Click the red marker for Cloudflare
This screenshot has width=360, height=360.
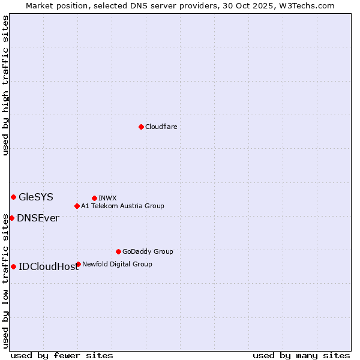141,127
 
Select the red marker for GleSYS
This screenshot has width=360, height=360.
13,197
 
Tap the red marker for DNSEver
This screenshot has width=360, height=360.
11,218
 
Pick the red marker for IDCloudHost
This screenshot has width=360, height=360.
13,266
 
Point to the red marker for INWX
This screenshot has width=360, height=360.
94,198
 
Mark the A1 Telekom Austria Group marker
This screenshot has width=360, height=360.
77,206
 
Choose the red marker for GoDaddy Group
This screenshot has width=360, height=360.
118,251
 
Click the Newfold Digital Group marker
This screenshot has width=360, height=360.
78,264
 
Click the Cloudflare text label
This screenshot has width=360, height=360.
161,127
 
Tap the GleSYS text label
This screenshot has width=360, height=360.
36,197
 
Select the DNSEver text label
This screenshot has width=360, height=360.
38,218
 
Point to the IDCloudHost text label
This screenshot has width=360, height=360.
49,266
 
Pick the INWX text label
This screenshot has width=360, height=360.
107,198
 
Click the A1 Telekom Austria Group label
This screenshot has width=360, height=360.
122,206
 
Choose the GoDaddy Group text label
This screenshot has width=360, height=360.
148,251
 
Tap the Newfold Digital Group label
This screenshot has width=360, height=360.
117,264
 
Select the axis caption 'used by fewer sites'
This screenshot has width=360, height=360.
62,355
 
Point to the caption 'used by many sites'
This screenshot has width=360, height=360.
301,355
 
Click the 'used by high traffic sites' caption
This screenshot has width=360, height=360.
5,85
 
